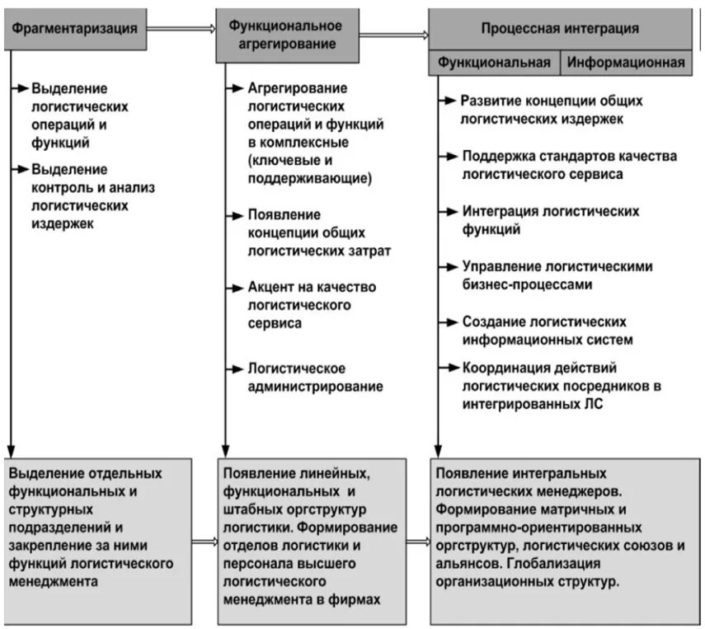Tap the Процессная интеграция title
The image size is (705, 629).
(560, 28)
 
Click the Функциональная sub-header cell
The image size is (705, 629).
(494, 62)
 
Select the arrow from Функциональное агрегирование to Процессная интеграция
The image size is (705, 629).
(394, 35)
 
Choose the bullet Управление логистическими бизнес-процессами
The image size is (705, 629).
(557, 275)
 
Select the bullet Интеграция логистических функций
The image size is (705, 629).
(550, 220)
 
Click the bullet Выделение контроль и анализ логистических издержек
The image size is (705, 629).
(92, 196)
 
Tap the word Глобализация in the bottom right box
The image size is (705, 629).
(553, 564)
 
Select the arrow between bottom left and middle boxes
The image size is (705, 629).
(204, 542)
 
